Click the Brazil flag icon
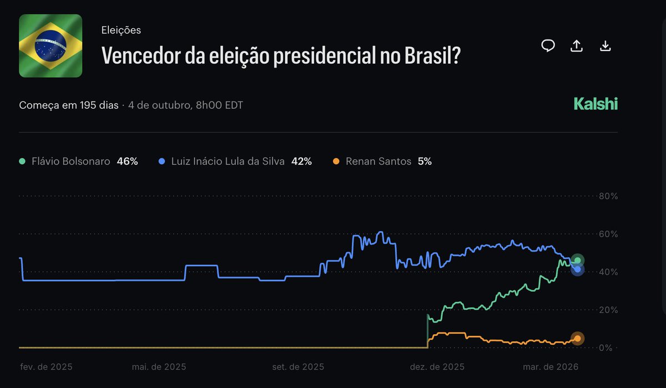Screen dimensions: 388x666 pyautogui.click(x=51, y=45)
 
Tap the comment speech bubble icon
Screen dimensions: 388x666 pyautogui.click(x=548, y=46)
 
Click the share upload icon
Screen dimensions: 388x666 pyautogui.click(x=577, y=46)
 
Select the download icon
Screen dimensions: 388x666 pyautogui.click(x=606, y=46)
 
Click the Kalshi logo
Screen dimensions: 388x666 pyautogui.click(x=595, y=104)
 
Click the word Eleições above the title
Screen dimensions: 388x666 pyautogui.click(x=121, y=30)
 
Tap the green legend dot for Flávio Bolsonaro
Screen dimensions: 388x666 pyautogui.click(x=22, y=162)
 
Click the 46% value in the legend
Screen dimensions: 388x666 pyautogui.click(x=127, y=162)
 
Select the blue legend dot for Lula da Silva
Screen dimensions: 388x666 pyautogui.click(x=162, y=162)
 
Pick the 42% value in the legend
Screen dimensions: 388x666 pyautogui.click(x=301, y=162)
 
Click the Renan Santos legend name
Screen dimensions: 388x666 pyautogui.click(x=378, y=162)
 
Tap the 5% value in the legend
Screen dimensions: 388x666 pyautogui.click(x=425, y=162)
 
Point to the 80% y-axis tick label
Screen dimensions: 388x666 pyautogui.click(x=608, y=196)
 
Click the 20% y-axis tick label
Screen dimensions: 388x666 pyautogui.click(x=608, y=310)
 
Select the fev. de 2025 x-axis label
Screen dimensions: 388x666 pyautogui.click(x=46, y=367)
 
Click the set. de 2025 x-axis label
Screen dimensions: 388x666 pyautogui.click(x=299, y=367)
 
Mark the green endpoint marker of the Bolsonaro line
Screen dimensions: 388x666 pyautogui.click(x=578, y=261)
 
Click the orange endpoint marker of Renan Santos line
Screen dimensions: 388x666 pyautogui.click(x=577, y=339)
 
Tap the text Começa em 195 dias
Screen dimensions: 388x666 pyautogui.click(x=69, y=105)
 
